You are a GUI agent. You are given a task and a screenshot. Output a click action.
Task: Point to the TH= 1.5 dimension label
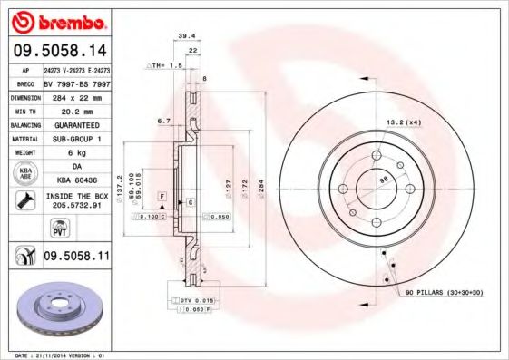click(167, 66)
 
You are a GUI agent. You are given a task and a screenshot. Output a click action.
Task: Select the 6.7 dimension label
click(164, 121)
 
